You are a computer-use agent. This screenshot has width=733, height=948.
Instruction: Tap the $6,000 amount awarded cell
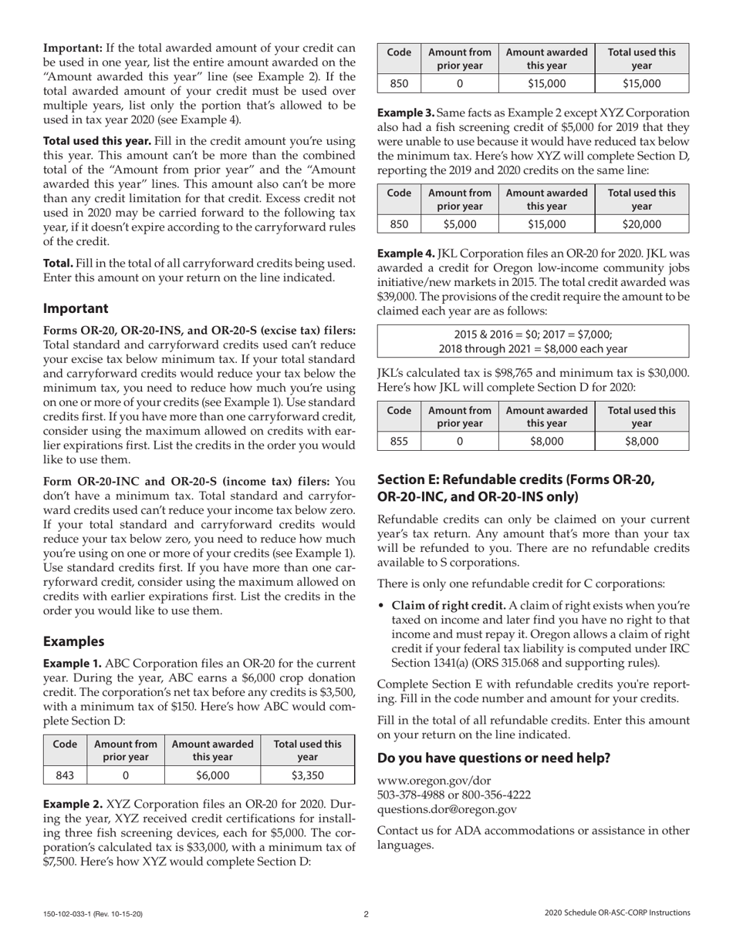click(212, 775)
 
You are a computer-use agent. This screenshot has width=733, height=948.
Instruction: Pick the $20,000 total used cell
click(641, 224)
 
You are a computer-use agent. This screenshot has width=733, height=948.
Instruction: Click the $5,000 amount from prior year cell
click(460, 224)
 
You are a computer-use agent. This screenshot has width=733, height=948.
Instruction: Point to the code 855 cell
click(398, 441)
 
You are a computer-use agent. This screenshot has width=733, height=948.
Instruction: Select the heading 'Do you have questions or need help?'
click(493, 758)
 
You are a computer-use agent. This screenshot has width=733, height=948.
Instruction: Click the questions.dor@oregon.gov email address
click(447, 809)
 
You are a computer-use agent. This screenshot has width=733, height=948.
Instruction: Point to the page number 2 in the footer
click(366, 914)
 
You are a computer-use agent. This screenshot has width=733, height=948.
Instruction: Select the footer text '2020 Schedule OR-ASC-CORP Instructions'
click(616, 913)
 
